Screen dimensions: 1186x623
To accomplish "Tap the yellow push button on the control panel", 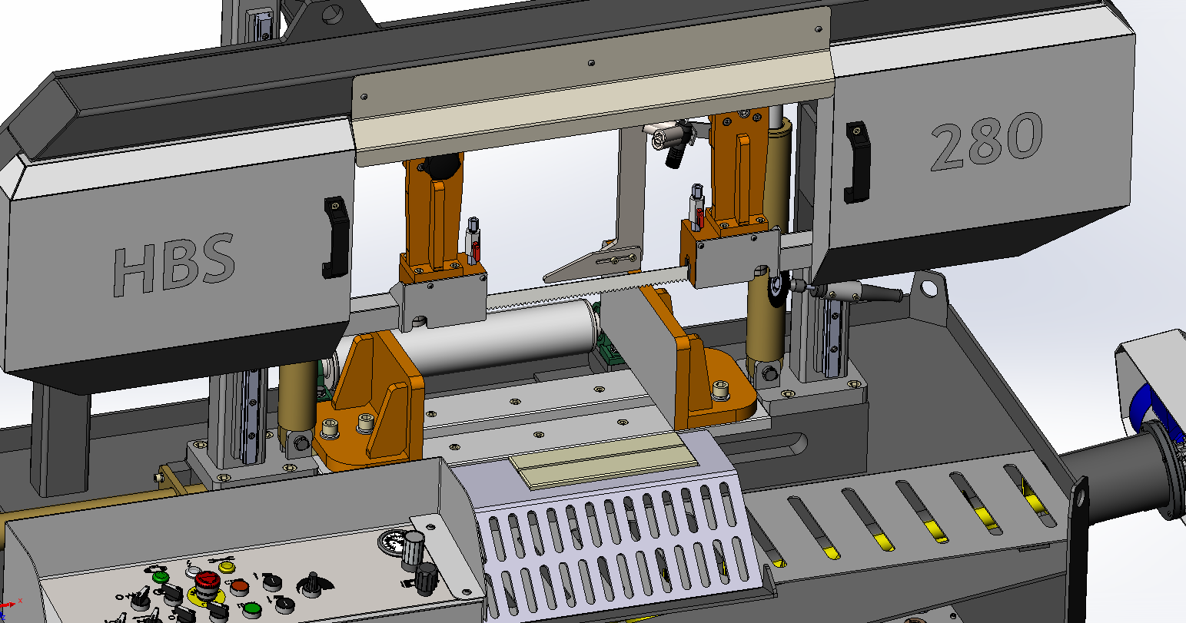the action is point(227,567).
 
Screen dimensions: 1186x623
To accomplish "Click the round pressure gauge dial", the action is point(392,542).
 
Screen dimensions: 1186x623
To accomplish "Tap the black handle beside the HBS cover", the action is point(335,237).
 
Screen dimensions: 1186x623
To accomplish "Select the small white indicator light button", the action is point(193,571).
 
